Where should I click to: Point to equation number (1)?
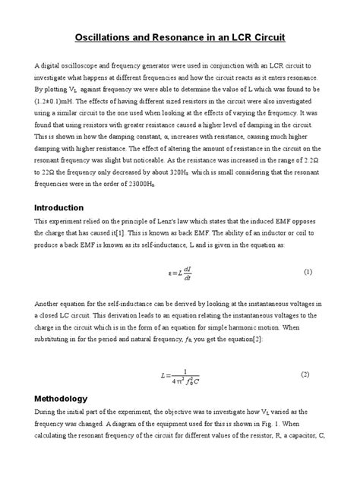[x=308, y=271]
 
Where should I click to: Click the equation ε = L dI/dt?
[x=179, y=272]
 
